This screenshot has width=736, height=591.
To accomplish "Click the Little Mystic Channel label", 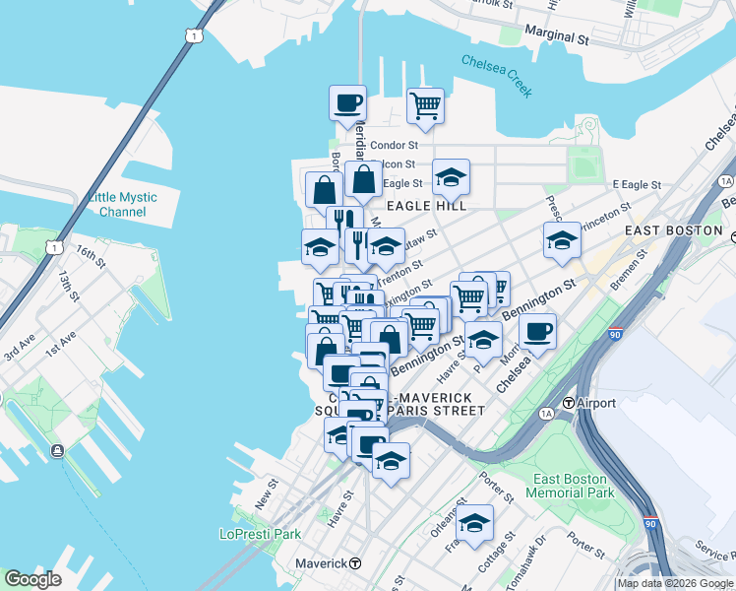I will point(123,204).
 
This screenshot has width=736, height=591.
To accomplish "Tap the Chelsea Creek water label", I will point(497,75).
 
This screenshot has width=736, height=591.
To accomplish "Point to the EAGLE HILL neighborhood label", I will point(426,205).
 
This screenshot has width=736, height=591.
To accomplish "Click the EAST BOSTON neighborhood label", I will point(674,230).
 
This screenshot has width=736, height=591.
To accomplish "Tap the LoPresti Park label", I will point(259,534).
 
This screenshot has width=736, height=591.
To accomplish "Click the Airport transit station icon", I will point(569,403).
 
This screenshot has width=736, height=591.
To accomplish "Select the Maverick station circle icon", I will point(355,563).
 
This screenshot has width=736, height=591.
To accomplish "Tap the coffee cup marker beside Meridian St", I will point(346,102).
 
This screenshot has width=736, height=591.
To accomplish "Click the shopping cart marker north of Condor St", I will point(425,104).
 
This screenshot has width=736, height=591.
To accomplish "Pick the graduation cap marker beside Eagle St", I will point(451,177).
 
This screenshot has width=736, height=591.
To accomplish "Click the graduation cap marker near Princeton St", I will point(562,240).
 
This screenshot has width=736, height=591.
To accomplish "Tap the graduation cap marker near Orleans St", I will point(474,522).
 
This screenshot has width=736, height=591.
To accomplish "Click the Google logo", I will point(33,579).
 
